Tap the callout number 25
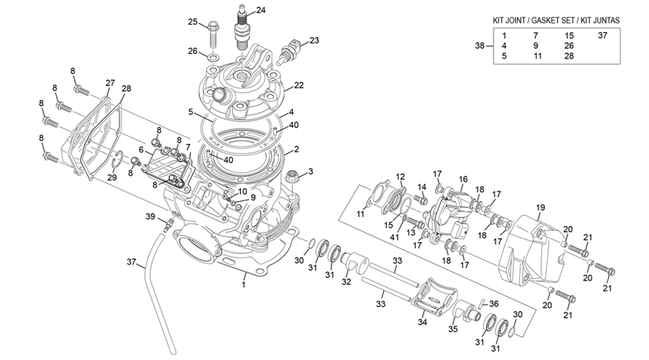click(x=193, y=22)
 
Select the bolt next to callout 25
click(x=213, y=31)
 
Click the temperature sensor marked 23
click(x=291, y=51)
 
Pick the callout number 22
click(x=299, y=85)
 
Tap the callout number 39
click(x=150, y=217)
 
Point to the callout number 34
click(x=421, y=323)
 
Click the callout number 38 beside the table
click(x=479, y=46)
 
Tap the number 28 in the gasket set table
click(x=569, y=56)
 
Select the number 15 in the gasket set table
click(x=569, y=35)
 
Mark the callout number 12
click(x=400, y=176)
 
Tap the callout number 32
click(x=347, y=281)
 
